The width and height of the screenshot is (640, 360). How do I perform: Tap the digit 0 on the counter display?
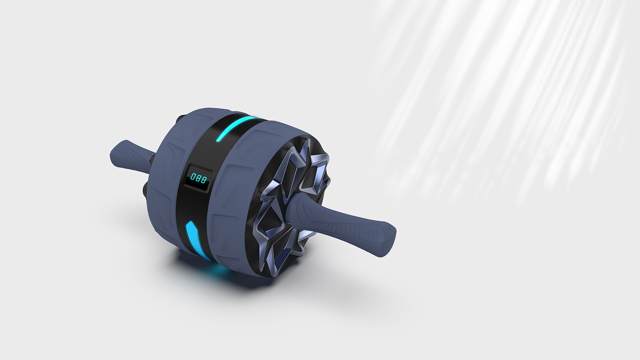click(193, 176)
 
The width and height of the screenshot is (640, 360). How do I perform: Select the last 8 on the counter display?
click(204, 180)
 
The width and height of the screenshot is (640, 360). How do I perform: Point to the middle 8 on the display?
click(198, 178)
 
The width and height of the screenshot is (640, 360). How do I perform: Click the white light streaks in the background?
click(500, 100)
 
